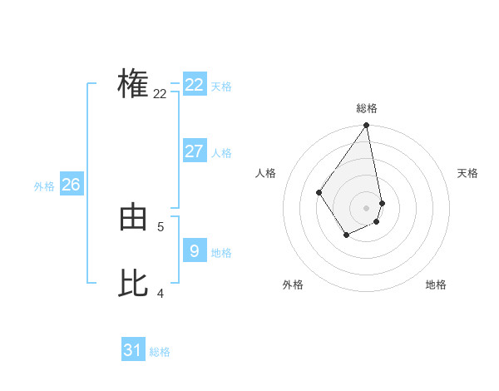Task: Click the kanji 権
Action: pyautogui.click(x=133, y=85)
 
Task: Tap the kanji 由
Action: pyautogui.click(x=133, y=219)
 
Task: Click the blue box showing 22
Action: pyautogui.click(x=195, y=85)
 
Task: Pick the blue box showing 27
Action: pyautogui.click(x=195, y=151)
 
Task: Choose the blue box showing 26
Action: pyautogui.click(x=71, y=185)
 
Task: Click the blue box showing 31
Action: pyautogui.click(x=133, y=350)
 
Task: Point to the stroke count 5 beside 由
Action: pyautogui.click(x=161, y=226)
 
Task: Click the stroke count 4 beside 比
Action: pyautogui.click(x=161, y=293)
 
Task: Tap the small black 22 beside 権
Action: pyautogui.click(x=160, y=94)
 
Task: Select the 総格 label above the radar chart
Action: pyautogui.click(x=367, y=108)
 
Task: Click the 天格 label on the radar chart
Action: pyautogui.click(x=467, y=173)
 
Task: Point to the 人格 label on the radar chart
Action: pyautogui.click(x=266, y=173)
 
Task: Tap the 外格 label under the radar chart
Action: pyautogui.click(x=293, y=285)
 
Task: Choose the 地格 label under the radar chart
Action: pyautogui.click(x=436, y=285)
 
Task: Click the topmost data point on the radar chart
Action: pyautogui.click(x=367, y=126)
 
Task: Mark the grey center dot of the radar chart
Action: pyautogui.click(x=366, y=207)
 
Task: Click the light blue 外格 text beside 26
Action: pyautogui.click(x=44, y=186)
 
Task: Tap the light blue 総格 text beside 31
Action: pyautogui.click(x=160, y=352)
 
